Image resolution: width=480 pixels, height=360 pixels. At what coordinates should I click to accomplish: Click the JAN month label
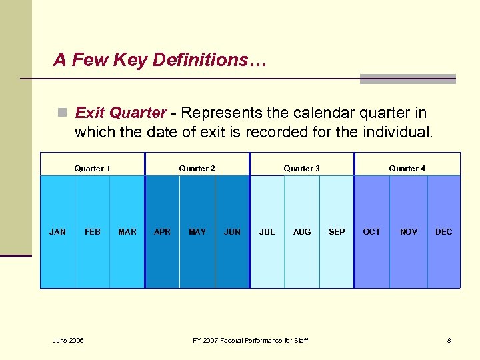point(58,232)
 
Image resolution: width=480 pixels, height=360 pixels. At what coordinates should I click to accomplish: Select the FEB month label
point(93,232)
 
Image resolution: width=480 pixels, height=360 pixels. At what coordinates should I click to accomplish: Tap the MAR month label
point(127,232)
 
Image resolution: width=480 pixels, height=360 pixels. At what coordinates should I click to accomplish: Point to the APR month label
point(162,232)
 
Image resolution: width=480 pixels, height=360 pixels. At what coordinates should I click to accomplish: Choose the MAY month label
point(197,232)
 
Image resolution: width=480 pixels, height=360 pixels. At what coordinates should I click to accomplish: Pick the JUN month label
point(232,232)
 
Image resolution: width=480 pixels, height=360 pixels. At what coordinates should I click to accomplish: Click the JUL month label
point(267,232)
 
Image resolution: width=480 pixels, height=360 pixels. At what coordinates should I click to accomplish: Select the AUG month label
point(302,232)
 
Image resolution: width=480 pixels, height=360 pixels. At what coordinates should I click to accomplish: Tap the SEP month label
point(337,232)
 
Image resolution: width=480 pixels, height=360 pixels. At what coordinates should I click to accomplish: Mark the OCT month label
point(371,232)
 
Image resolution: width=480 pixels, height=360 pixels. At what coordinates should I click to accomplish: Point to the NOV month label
point(409,232)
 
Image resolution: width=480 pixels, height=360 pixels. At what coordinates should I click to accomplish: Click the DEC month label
point(443,232)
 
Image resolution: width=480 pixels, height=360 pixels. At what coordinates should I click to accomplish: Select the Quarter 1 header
point(93,169)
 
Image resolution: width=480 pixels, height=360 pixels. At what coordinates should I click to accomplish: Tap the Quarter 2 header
point(197,169)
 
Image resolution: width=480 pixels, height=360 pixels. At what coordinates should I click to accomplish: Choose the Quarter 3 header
point(301,169)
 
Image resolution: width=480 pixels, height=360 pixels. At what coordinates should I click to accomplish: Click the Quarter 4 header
point(407,169)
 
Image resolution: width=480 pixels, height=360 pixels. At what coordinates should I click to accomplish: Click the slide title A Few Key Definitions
point(160,60)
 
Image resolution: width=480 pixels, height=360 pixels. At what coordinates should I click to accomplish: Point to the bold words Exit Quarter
point(121,113)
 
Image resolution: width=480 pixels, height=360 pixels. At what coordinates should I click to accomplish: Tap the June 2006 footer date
point(68,341)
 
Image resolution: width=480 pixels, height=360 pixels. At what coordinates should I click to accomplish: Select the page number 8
point(449,341)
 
